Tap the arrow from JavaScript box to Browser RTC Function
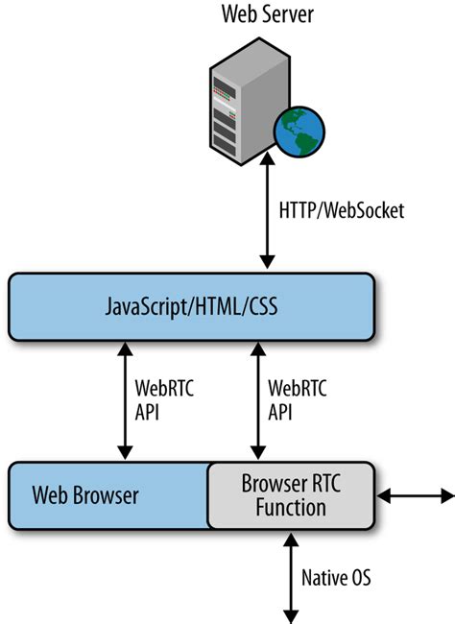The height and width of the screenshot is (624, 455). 254,398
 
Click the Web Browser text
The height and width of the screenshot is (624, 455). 85,495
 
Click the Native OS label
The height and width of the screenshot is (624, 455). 336,578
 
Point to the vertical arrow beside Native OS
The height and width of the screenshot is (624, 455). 287,576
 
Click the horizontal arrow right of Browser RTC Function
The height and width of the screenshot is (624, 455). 415,496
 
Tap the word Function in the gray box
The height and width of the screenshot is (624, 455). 290,507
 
